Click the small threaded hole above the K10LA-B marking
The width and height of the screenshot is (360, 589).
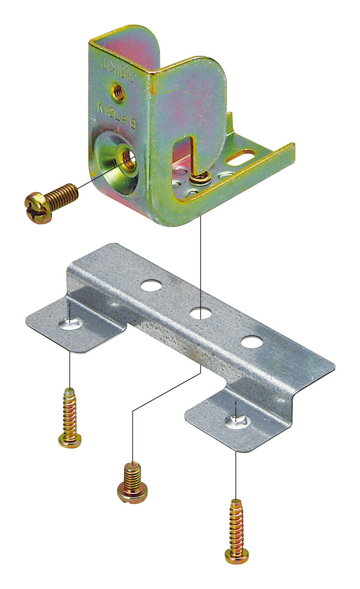pyautogui.click(x=119, y=91)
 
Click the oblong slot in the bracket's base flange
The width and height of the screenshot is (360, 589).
pyautogui.click(x=244, y=158)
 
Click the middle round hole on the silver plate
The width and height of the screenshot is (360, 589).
pyautogui.click(x=200, y=312)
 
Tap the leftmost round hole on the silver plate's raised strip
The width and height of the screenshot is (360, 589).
pyautogui.click(x=152, y=285)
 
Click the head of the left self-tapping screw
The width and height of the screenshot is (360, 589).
pyautogui.click(x=70, y=440)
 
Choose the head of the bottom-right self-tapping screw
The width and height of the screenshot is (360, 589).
pyautogui.click(x=236, y=556)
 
